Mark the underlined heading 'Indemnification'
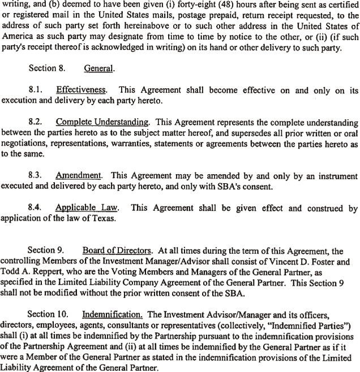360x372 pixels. pyautogui.click(x=111, y=313)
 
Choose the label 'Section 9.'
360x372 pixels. pyautogui.click(x=45, y=250)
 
